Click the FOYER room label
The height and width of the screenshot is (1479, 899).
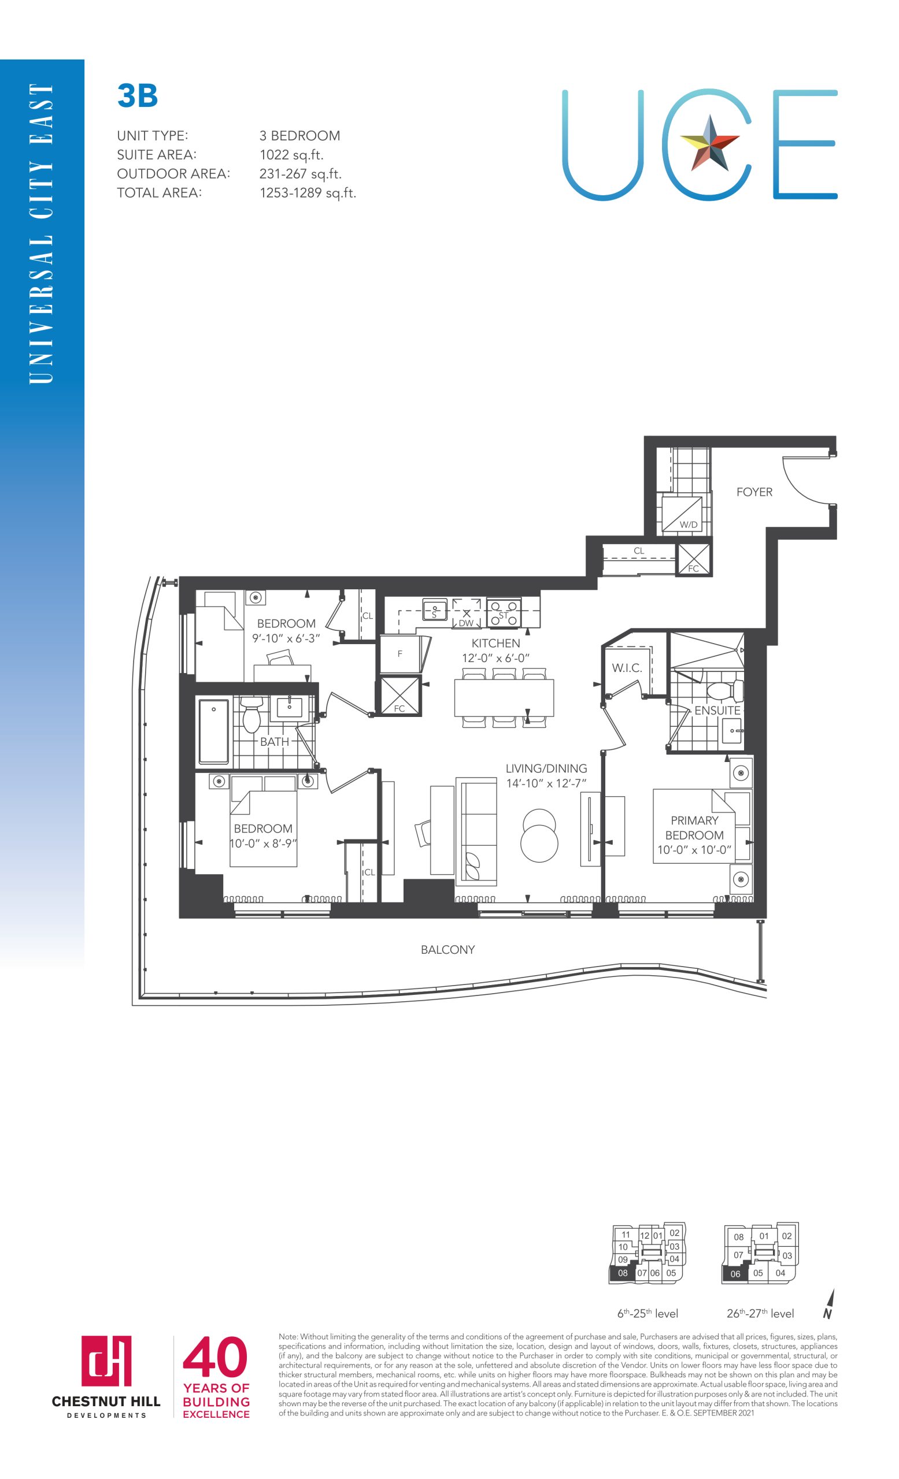click(754, 492)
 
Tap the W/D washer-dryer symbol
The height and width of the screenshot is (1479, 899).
click(682, 514)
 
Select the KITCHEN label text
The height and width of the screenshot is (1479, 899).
click(495, 643)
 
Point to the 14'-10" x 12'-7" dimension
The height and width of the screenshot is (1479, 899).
click(546, 783)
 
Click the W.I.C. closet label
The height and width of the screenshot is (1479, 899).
click(627, 668)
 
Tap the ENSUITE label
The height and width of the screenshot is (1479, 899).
click(717, 710)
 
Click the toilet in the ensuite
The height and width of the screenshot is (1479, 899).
click(725, 692)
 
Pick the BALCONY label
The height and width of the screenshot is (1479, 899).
click(447, 950)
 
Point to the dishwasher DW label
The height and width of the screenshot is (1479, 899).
click(466, 623)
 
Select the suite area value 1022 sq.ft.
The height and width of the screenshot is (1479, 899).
click(291, 155)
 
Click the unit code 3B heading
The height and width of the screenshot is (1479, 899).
click(138, 96)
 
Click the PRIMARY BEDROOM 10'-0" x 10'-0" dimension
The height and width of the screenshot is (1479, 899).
click(694, 850)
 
